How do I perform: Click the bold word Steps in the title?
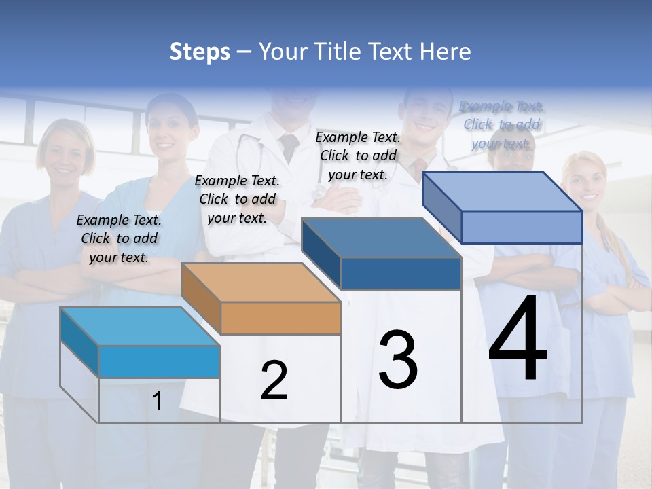[x=199, y=52]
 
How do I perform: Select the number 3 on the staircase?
[x=398, y=359]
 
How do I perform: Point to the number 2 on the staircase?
[x=274, y=380]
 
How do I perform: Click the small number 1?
[x=158, y=401]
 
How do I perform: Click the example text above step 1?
[x=119, y=238]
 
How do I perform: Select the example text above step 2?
[x=237, y=199]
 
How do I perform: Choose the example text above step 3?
[x=358, y=156]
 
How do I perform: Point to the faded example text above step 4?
[x=501, y=124]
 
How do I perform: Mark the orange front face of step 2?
[x=280, y=318]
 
